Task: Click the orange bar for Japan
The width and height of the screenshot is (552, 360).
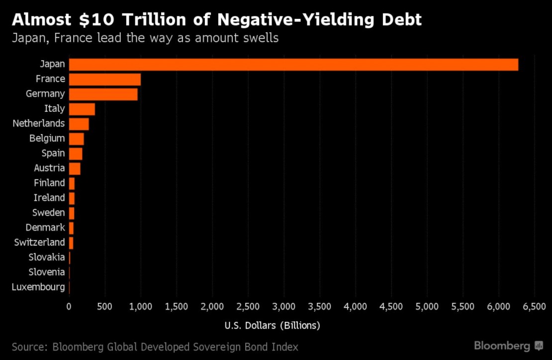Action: pos(293,65)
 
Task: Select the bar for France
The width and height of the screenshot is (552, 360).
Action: pos(105,80)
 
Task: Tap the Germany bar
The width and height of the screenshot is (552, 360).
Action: pos(103,94)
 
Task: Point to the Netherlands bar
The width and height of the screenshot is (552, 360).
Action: pos(79,124)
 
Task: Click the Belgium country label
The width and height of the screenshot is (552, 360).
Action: pos(47,138)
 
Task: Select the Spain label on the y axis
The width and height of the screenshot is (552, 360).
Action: pos(53,153)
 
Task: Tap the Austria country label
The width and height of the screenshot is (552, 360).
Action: pos(49,168)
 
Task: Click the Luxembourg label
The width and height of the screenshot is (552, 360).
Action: pos(38,287)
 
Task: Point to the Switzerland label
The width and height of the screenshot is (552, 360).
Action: pos(40,242)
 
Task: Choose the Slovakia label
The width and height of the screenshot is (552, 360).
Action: pos(47,257)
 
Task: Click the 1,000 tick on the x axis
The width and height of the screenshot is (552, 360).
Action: pos(141,307)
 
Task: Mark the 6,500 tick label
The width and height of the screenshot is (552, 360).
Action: pos(535,307)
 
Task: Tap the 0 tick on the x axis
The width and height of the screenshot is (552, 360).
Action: pos(69,307)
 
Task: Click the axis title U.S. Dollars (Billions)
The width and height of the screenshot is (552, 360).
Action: pos(273,326)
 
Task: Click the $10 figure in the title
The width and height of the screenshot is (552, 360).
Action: pos(97,20)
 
